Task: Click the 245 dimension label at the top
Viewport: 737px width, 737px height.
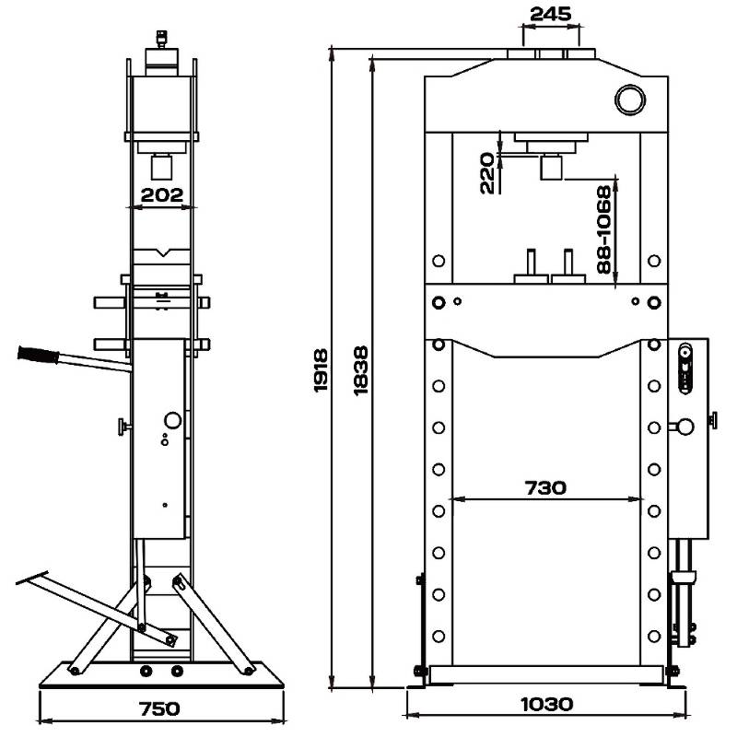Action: [x=550, y=14]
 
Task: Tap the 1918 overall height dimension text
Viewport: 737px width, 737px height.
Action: [x=321, y=370]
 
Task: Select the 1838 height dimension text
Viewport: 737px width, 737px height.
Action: [x=360, y=371]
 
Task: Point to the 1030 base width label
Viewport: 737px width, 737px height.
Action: [x=546, y=704]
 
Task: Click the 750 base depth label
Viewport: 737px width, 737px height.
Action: [x=159, y=708]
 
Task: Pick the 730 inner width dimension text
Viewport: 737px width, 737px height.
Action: [x=545, y=488]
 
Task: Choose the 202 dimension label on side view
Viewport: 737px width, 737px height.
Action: [x=162, y=195]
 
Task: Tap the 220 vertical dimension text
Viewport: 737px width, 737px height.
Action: [x=487, y=173]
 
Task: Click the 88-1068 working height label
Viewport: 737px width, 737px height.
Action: [x=604, y=229]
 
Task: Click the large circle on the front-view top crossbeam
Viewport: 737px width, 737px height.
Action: [x=630, y=99]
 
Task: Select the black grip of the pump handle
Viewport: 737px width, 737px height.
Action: [x=38, y=355]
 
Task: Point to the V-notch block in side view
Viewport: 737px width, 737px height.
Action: [x=162, y=256]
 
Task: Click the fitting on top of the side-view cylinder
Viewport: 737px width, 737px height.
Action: [x=162, y=39]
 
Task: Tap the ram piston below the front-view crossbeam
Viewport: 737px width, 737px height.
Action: [x=551, y=167]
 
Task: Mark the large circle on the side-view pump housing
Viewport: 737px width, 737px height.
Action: [x=173, y=420]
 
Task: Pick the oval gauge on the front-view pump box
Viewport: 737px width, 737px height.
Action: [x=685, y=368]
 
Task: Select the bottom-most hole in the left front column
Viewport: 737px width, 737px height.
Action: [x=439, y=637]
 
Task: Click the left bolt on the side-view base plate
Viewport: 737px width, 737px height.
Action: [x=146, y=672]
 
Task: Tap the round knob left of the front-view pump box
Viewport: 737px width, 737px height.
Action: [x=685, y=427]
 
